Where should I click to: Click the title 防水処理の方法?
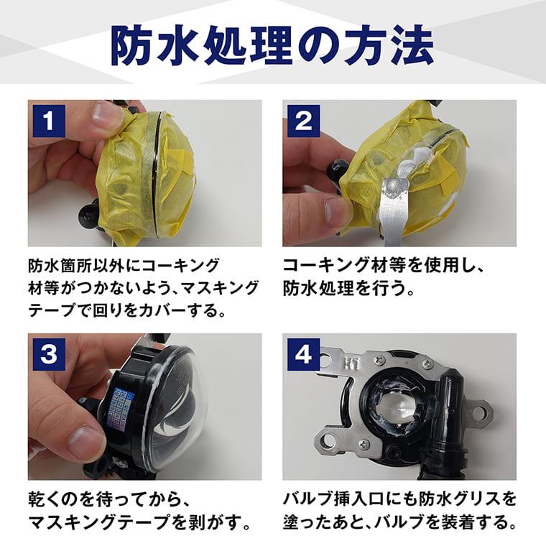(x=272, y=45)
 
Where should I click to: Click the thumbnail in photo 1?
(x=107, y=115)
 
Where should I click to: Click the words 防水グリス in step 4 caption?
(x=459, y=499)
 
